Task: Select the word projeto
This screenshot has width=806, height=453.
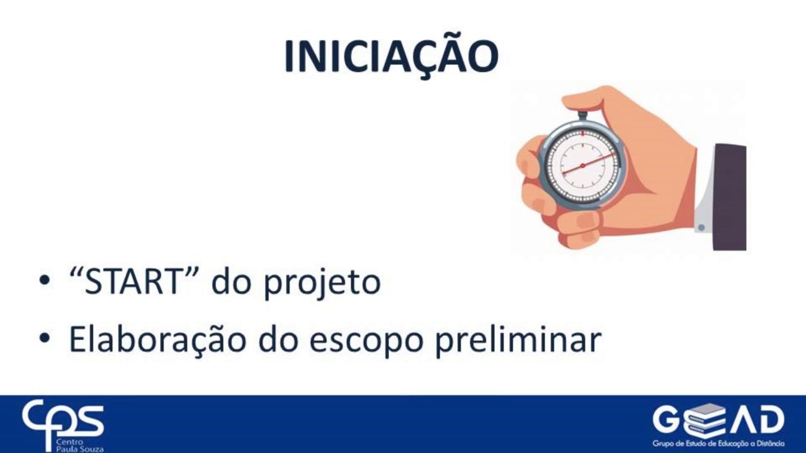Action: pyautogui.click(x=322, y=284)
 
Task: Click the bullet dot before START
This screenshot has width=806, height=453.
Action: pyautogui.click(x=43, y=281)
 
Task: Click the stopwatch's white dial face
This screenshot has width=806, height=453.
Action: pyautogui.click(x=582, y=165)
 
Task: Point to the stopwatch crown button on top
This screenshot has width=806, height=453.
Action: pyautogui.click(x=582, y=115)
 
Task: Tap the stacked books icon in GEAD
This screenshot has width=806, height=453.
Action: pyautogui.click(x=704, y=420)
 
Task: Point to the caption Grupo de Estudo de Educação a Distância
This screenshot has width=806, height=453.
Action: pyautogui.click(x=718, y=444)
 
